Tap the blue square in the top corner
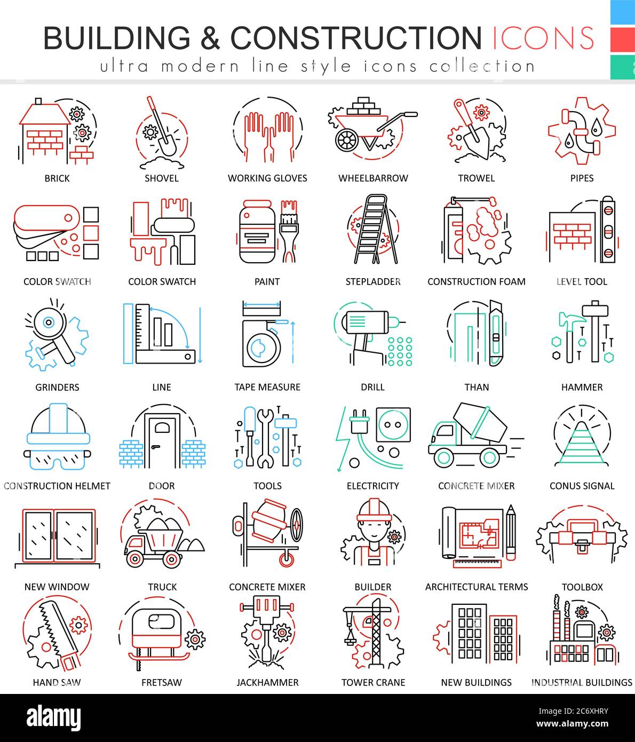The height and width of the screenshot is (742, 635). coord(622,12)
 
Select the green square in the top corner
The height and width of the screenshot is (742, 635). coord(622,66)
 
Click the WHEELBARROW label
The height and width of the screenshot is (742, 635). coord(373,178)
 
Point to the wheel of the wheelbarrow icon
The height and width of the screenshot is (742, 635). coord(346,140)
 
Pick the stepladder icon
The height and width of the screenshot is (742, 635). coord(373,230)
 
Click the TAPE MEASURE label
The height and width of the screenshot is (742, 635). coord(267,387)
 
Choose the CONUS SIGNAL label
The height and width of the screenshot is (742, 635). coord(582,486)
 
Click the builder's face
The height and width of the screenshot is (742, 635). coord(373,528)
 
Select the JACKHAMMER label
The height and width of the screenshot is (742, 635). coord(267,682)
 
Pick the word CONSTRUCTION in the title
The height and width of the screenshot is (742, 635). coord(356,37)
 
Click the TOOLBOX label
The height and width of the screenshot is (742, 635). coord(582,587)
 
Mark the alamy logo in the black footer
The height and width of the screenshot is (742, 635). coord(53,717)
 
